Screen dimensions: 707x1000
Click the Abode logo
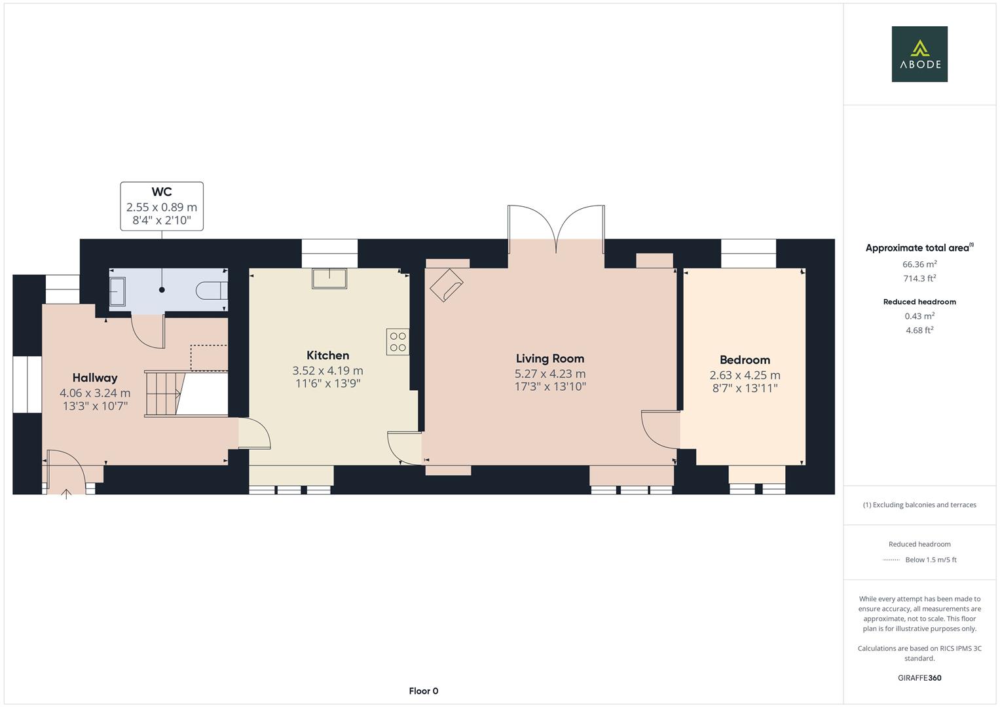(919, 54)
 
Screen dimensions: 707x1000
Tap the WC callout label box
(162, 206)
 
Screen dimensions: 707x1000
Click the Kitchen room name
(327, 355)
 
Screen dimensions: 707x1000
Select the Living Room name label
(549, 358)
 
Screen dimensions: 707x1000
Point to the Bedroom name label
(745, 360)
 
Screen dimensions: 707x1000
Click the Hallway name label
(95, 378)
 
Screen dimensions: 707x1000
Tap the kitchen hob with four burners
(398, 342)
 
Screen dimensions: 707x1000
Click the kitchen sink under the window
(329, 278)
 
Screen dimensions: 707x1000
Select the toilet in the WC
(212, 290)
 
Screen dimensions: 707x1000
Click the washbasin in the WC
(118, 291)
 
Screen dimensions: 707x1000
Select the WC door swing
(147, 332)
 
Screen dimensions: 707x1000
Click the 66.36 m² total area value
(919, 264)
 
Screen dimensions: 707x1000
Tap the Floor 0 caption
(423, 691)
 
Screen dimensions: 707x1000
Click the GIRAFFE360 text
(919, 678)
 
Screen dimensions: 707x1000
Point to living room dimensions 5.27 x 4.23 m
(549, 374)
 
